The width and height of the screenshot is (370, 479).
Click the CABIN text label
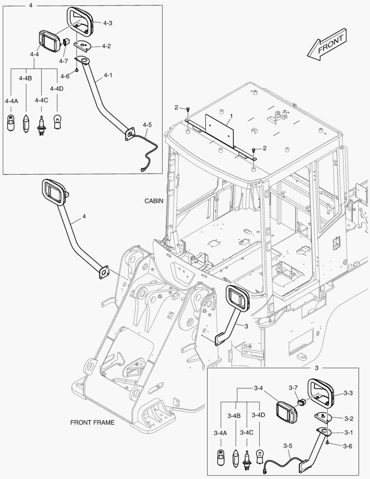pos(154,201)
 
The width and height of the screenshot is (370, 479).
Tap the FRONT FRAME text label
pos(92,422)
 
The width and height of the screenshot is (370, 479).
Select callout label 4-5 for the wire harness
pos(147,125)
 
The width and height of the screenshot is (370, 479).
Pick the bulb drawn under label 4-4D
pos(57,121)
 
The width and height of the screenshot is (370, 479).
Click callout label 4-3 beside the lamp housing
pos(107,23)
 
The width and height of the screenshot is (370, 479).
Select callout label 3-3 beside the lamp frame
pos(348,393)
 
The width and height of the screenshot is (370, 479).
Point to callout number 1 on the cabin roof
pos(231,116)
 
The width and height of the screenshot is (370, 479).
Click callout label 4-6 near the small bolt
pos(65,76)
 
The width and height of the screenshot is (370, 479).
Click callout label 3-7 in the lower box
pos(293,388)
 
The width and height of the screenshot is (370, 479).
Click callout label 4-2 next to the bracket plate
pos(106,46)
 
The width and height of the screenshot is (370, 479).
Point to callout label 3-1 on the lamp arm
pos(348,433)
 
